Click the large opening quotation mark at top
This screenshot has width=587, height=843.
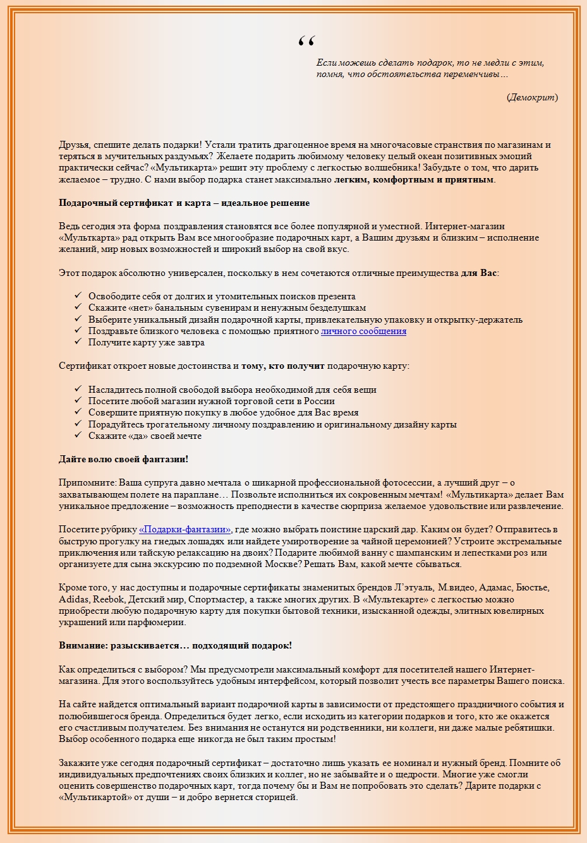(306, 42)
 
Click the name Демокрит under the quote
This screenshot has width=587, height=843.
(532, 97)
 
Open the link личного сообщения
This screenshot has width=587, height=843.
(363, 331)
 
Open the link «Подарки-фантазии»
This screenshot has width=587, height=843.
(185, 529)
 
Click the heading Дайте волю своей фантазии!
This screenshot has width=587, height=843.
(124, 459)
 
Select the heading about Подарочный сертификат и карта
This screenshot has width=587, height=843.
(184, 203)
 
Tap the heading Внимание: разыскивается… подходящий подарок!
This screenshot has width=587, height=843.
(175, 645)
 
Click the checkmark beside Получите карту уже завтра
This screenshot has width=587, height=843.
(78, 342)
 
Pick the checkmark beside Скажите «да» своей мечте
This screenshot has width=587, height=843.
(78, 436)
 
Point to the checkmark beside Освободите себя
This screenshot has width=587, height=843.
(78, 296)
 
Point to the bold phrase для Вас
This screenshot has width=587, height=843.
(479, 273)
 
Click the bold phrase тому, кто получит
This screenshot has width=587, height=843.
(282, 366)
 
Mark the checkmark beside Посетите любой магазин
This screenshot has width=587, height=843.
(78, 401)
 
